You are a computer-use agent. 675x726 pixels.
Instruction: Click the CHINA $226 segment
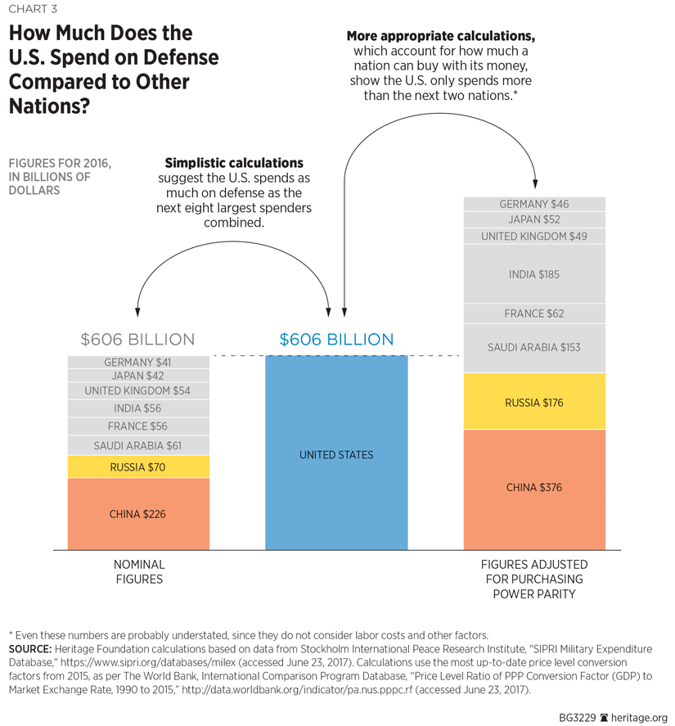pos(138,514)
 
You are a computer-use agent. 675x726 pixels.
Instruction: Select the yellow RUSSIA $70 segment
pos(138,467)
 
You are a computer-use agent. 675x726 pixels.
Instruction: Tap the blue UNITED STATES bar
pos(336,454)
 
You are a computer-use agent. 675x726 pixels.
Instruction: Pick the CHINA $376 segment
pos(534,488)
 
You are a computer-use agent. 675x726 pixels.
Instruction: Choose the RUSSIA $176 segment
pos(534,402)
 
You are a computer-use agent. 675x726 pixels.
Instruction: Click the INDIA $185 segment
pos(534,275)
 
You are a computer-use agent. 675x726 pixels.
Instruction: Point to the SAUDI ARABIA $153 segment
pos(534,348)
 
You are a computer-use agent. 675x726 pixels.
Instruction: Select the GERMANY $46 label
pos(534,204)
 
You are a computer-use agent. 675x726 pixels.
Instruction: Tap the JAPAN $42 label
pos(138,376)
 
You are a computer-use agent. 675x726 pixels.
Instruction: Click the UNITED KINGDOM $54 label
pos(138,390)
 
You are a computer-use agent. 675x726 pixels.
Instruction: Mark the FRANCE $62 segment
pos(534,313)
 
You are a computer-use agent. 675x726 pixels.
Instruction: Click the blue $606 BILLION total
pos(336,339)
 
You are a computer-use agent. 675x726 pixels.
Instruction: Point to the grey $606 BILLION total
pos(137,339)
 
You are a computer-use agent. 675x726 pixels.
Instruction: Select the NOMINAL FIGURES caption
pos(138,571)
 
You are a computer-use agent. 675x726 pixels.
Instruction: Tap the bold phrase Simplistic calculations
pos(234,163)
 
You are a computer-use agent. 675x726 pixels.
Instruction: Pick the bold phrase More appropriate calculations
pos(441,36)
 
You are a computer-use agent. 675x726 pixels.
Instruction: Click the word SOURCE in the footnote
pos(31,647)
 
